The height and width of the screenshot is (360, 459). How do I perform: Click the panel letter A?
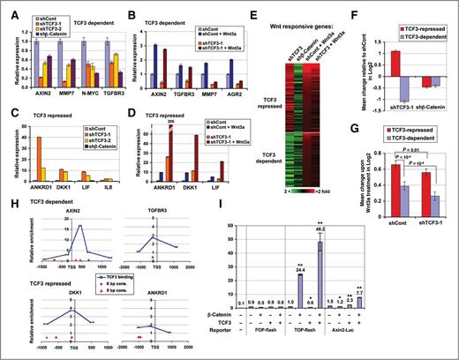click(x=7, y=7)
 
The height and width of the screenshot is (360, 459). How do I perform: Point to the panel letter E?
click(x=254, y=7)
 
